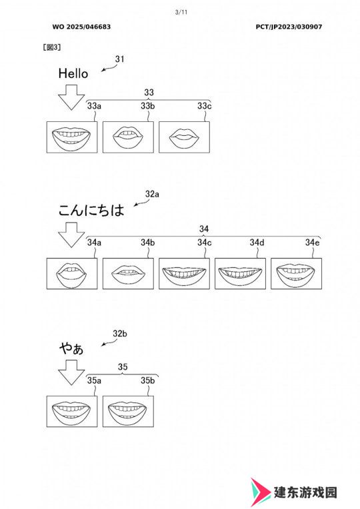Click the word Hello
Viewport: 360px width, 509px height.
tap(73, 73)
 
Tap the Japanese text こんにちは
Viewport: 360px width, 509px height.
tap(91, 210)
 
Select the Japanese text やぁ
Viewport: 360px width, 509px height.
tap(71, 348)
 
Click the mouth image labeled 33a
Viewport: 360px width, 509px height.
tap(72, 137)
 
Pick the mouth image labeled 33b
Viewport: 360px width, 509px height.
tap(128, 137)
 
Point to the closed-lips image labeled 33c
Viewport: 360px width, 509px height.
tap(184, 137)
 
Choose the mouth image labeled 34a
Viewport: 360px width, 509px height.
tap(72, 273)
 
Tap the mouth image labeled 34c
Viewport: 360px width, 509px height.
tap(184, 273)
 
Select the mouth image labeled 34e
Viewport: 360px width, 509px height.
tap(296, 273)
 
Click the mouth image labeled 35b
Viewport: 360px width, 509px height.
tap(128, 411)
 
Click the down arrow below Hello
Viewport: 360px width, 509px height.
tap(71, 97)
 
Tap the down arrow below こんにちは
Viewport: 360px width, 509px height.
tap(71, 235)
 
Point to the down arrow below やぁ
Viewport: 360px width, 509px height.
tap(71, 373)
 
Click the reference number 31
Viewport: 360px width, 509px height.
tap(119, 59)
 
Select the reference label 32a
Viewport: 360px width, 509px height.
tap(152, 194)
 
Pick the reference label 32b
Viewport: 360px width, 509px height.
tap(120, 333)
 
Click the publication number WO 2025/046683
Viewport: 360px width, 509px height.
tap(81, 27)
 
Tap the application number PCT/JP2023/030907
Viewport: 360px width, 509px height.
tap(289, 27)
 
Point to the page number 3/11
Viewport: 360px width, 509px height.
tap(181, 13)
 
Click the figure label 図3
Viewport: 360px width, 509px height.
tap(52, 47)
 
